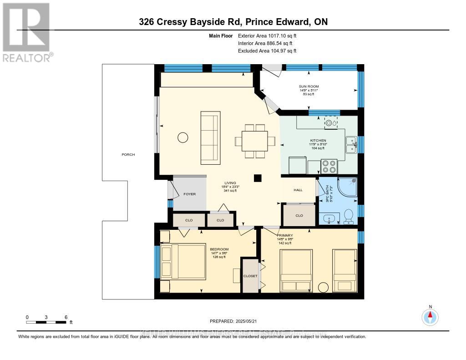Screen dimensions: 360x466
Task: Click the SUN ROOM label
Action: pyautogui.click(x=309, y=86)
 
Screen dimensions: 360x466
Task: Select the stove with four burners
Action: pyautogui.click(x=329, y=166)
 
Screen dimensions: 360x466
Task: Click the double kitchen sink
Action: pyautogui.click(x=351, y=145)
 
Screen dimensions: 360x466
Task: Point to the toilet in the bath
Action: pyautogui.click(x=349, y=216)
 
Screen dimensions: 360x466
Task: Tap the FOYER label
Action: pyautogui.click(x=189, y=194)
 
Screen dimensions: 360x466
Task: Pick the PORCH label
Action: pyautogui.click(x=128, y=154)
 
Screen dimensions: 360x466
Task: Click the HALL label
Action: pyautogui.click(x=298, y=190)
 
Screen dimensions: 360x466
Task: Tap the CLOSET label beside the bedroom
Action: pyautogui.click(x=250, y=276)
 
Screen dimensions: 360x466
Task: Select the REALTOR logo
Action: pyautogui.click(x=26, y=32)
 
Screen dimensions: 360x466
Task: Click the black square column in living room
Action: pyautogui.click(x=258, y=178)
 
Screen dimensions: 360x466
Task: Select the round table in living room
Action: pyautogui.click(x=182, y=137)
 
